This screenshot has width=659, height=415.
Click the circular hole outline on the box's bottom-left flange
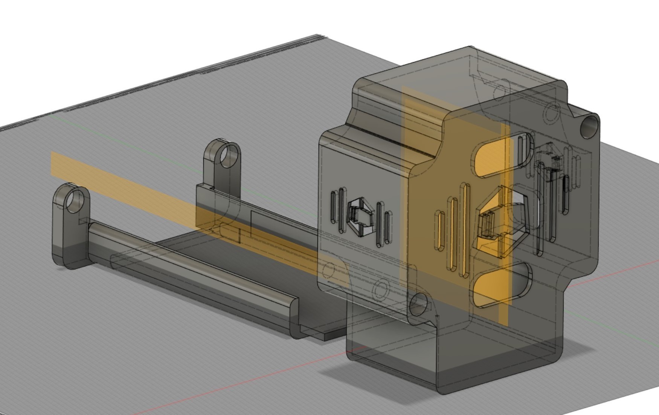point(380,290)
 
